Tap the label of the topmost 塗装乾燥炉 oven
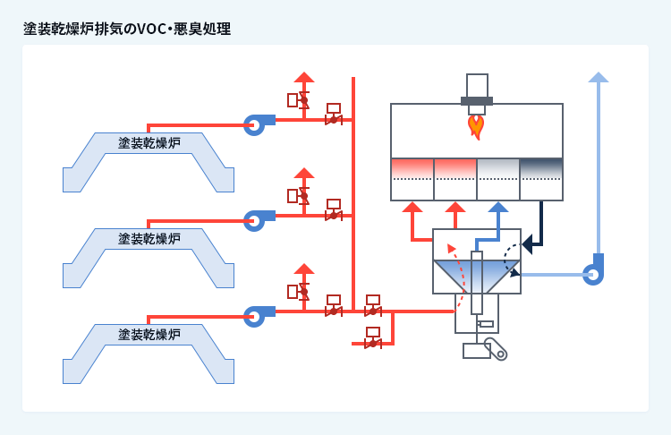point(149,143)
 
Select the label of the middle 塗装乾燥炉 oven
point(149,239)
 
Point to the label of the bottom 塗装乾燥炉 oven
point(149,335)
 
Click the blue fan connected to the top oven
point(256,124)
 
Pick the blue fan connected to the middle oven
point(256,219)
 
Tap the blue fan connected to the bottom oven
point(256,315)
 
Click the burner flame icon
point(476,126)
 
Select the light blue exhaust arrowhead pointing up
point(598,78)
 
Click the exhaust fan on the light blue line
point(594,273)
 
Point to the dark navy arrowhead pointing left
point(528,243)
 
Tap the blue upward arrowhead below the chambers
point(498,207)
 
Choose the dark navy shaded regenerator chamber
point(541,169)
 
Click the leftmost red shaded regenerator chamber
point(412,169)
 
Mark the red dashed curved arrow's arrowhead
point(452,248)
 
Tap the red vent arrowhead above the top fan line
point(304,77)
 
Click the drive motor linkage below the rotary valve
point(495,348)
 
